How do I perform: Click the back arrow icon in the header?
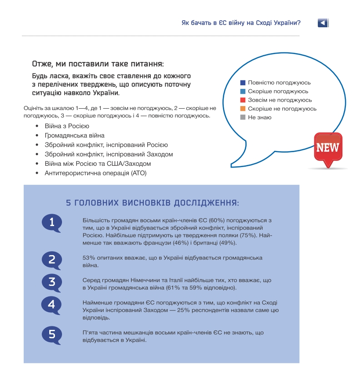coord(323,23)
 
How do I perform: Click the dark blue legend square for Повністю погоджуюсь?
coord(243,83)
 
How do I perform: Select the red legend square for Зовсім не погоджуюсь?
coord(243,100)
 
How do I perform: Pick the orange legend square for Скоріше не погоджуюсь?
coord(243,109)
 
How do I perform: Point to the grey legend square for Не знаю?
coord(243,117)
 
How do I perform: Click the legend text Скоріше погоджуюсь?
coord(278,91)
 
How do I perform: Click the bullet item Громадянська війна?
coord(74,135)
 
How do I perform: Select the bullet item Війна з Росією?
coord(67,126)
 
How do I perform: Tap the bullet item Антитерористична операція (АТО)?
coord(95,173)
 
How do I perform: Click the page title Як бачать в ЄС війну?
coord(240,22)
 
